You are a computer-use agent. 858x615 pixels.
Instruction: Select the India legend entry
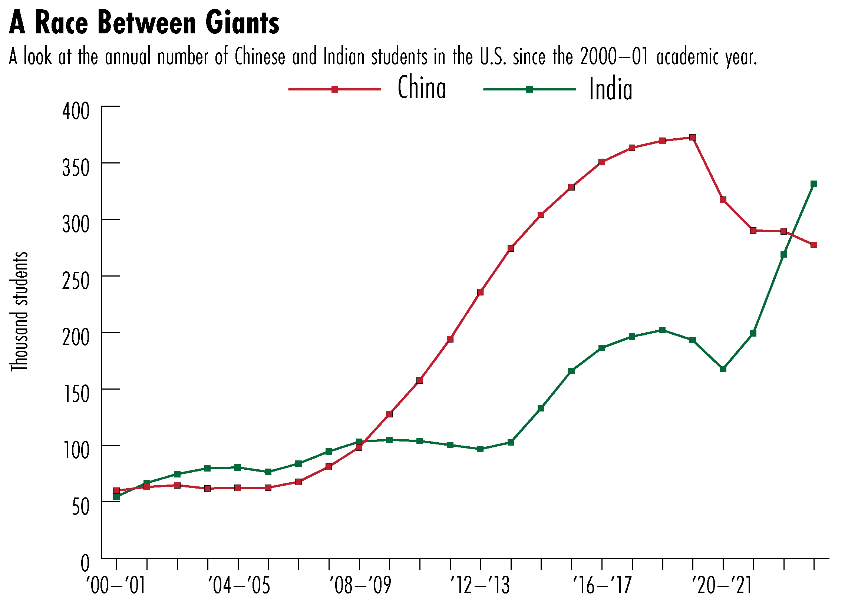(x=610, y=90)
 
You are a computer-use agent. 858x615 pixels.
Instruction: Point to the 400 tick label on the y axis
(x=76, y=111)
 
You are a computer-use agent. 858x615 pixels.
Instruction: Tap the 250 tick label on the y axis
(x=76, y=281)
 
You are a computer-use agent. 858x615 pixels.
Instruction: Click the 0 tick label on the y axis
(x=85, y=563)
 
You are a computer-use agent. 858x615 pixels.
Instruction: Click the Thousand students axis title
(x=19, y=311)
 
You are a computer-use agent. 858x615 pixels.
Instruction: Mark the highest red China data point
(x=693, y=137)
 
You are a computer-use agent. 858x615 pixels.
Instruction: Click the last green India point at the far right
(x=814, y=184)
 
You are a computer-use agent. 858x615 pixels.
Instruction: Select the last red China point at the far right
(x=814, y=245)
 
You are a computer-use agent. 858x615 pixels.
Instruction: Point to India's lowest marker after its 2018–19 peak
(x=723, y=369)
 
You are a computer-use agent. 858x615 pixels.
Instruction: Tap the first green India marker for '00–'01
(x=116, y=497)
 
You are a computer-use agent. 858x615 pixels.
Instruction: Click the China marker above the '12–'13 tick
(x=481, y=292)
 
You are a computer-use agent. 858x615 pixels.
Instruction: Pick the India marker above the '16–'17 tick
(x=602, y=348)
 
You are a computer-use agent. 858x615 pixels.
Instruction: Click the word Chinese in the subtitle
(x=260, y=57)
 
